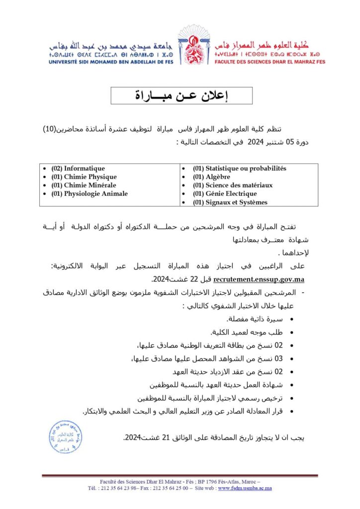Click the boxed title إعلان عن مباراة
coord(181,95)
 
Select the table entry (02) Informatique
coord(78,169)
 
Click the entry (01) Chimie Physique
coord(84,177)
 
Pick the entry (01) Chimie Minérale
coord(84,185)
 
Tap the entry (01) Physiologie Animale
coord(89,194)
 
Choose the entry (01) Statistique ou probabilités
coord(239,169)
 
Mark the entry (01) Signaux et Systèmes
coord(230,202)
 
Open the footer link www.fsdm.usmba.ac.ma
coord(245,488)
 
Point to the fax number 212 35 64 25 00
coord(168,488)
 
